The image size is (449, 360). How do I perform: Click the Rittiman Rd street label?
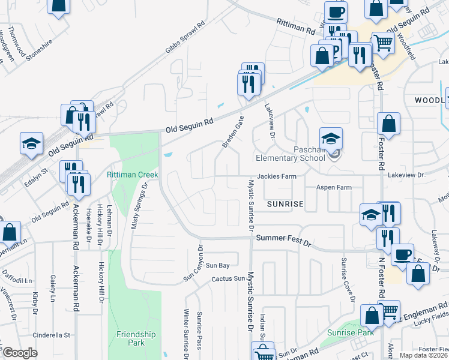[x=296, y=25]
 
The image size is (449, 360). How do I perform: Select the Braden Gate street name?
[x=233, y=132]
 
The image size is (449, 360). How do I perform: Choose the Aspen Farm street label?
[x=334, y=188]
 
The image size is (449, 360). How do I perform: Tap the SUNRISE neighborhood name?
[x=286, y=205]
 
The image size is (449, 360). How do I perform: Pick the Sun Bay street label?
[x=217, y=265]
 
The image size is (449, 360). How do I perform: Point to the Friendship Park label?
[x=136, y=338]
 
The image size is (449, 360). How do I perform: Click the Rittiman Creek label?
[x=132, y=175]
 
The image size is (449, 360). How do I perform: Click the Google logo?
[x=20, y=353]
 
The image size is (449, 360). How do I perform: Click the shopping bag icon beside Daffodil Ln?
[x=10, y=232]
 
